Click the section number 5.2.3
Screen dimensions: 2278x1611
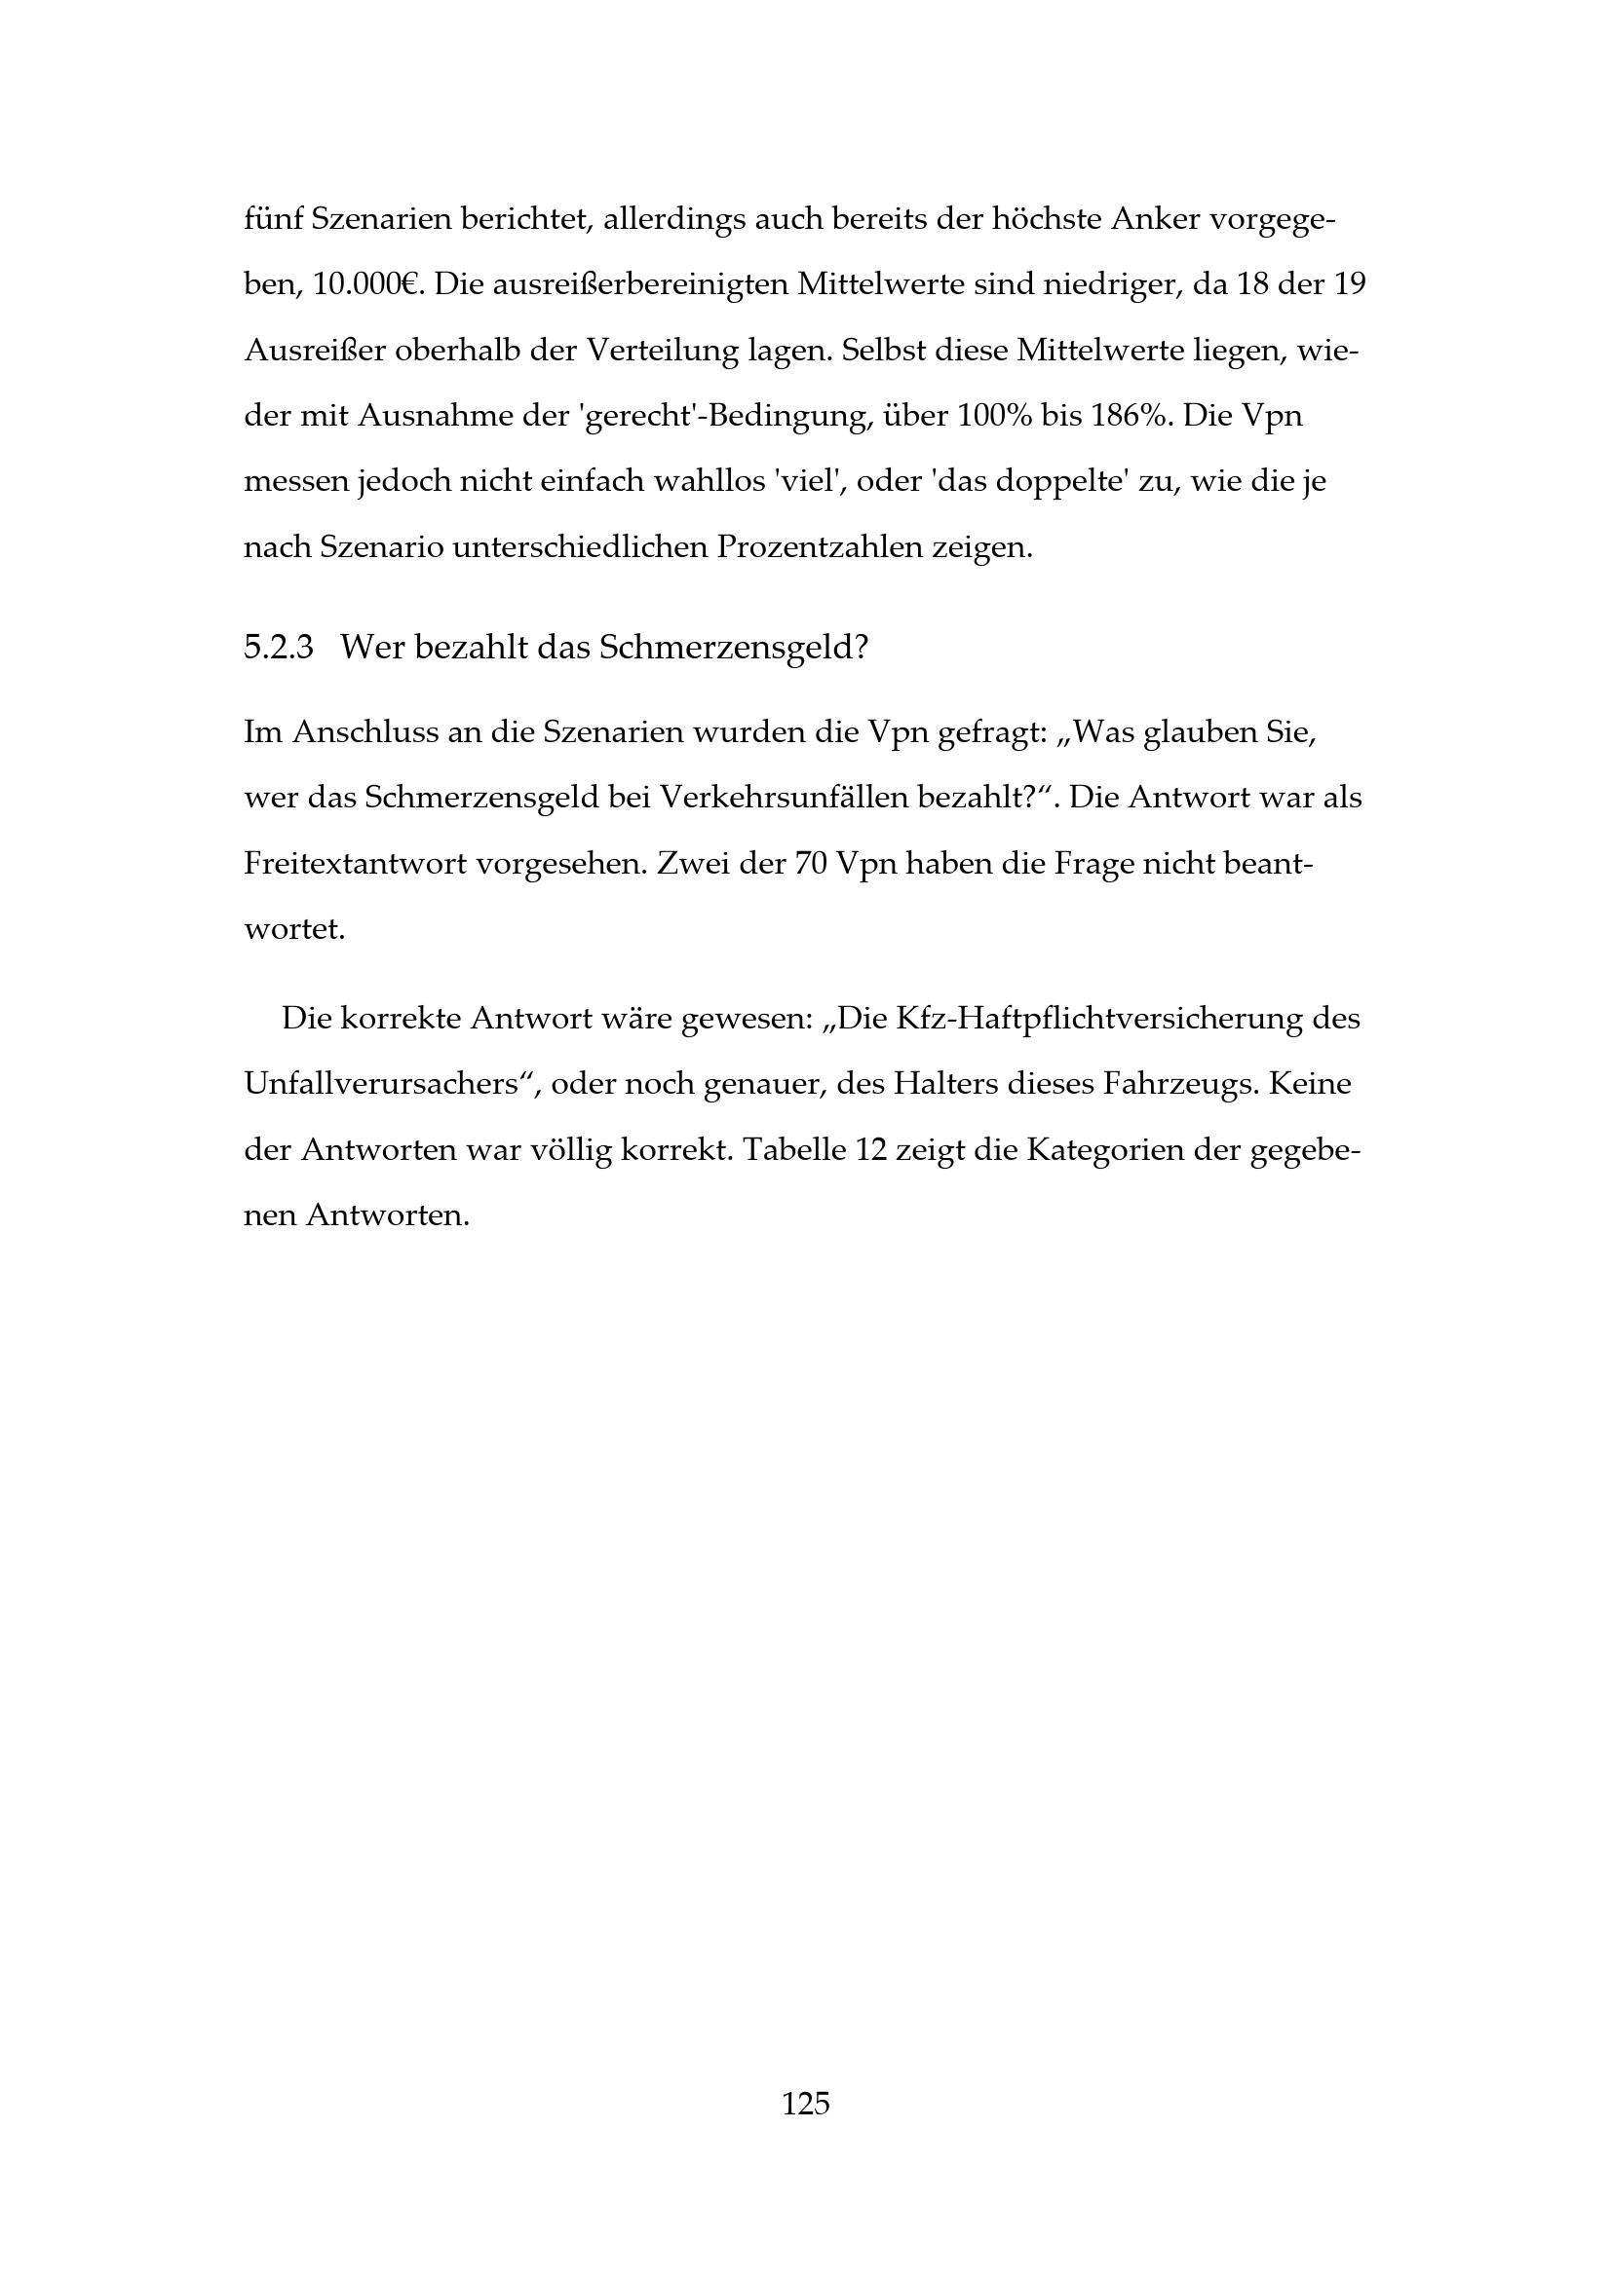click(278, 648)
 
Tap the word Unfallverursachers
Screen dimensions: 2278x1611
click(385, 1084)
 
